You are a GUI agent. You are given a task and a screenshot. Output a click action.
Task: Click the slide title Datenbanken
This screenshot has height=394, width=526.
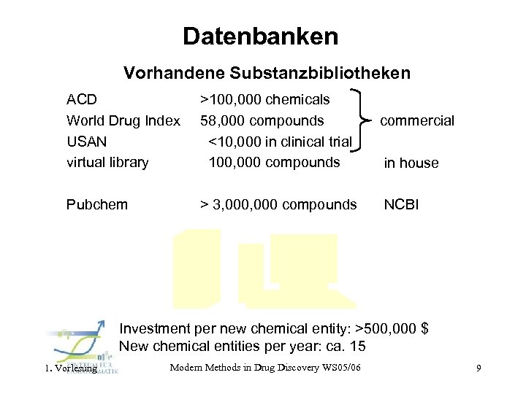(x=261, y=36)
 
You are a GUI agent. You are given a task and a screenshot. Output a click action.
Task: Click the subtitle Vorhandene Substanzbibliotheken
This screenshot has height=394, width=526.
(x=267, y=73)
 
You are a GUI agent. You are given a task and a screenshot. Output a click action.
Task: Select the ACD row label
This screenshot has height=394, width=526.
(x=82, y=99)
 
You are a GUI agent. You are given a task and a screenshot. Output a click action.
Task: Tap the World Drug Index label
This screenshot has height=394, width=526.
(x=123, y=120)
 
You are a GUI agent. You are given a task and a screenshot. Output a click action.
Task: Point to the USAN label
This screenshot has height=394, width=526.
(x=86, y=141)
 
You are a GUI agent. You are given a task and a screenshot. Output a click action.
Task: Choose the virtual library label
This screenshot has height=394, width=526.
(x=107, y=162)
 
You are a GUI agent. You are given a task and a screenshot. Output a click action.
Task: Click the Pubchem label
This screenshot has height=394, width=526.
(x=96, y=204)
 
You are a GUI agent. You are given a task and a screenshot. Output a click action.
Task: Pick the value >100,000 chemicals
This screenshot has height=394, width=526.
(x=264, y=99)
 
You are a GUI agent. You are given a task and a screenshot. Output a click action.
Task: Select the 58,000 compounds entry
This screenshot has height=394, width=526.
(x=262, y=120)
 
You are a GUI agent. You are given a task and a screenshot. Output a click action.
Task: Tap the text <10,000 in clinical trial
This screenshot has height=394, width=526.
(x=280, y=141)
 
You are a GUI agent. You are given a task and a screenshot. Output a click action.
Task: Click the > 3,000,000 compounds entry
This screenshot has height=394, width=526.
(x=278, y=204)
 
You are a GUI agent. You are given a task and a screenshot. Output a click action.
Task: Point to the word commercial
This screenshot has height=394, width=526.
(x=417, y=121)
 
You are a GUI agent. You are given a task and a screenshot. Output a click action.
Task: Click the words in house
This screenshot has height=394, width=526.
(x=411, y=163)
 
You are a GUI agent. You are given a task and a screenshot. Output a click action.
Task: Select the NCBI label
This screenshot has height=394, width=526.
(x=401, y=204)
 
